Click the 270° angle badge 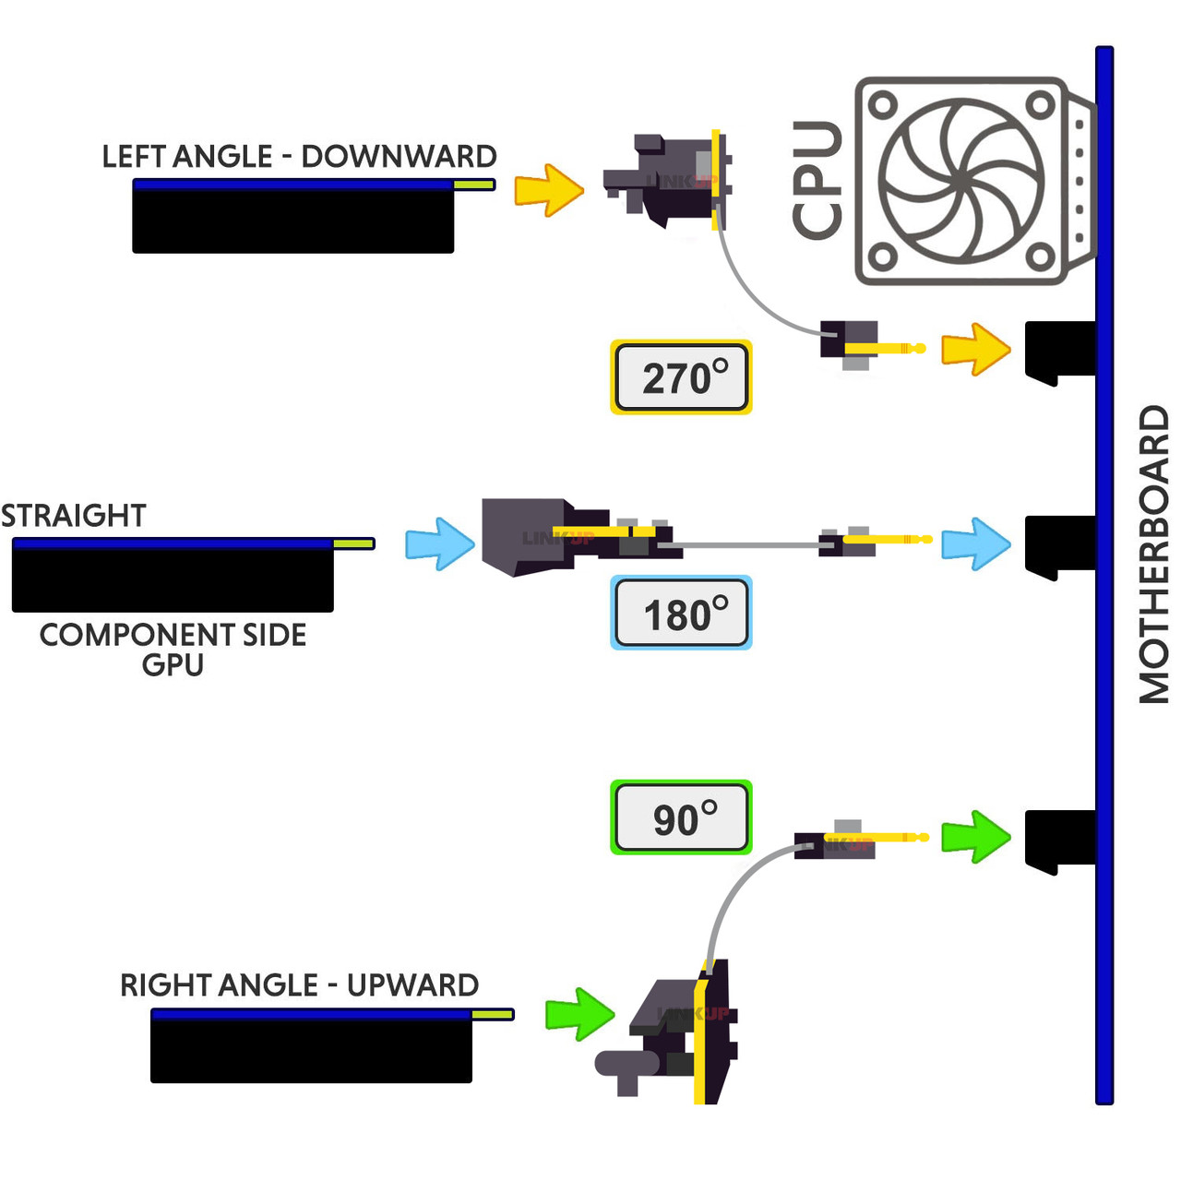[x=681, y=377]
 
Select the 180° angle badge [x=681, y=614]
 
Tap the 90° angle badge [x=681, y=817]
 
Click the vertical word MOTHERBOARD [x=1153, y=554]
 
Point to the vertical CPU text [x=817, y=180]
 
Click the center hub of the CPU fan [x=961, y=181]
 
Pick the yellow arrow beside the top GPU [x=549, y=190]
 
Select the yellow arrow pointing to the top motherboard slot [x=975, y=350]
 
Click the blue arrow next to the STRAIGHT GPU [x=440, y=543]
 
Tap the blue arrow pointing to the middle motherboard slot [x=975, y=543]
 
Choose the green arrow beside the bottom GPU [x=579, y=1014]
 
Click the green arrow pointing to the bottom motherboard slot [x=975, y=837]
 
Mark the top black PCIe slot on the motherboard [x=1060, y=351]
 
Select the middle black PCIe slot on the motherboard [x=1060, y=544]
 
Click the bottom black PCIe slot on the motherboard [x=1060, y=839]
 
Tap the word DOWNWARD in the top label [x=399, y=157]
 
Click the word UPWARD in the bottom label [x=412, y=985]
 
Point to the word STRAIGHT [x=74, y=516]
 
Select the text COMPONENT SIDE [x=173, y=635]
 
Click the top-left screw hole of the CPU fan [x=883, y=104]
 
